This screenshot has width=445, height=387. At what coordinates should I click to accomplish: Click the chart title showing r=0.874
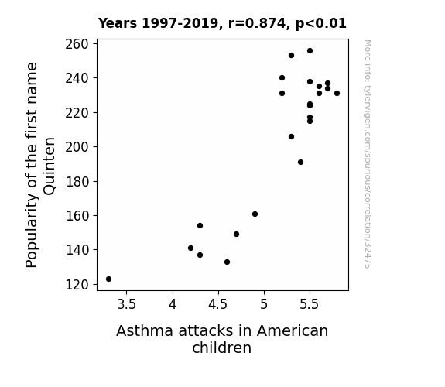[222, 23]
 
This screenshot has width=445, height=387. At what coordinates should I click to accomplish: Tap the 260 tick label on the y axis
[77, 44]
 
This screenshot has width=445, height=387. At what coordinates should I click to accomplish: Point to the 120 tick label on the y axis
[77, 285]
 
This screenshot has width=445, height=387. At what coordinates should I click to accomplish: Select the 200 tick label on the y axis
[77, 147]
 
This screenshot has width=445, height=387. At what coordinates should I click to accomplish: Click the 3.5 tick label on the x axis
[127, 304]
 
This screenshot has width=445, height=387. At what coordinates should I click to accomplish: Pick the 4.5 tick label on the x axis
[218, 304]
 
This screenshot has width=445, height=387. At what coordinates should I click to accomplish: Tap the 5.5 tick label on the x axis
[310, 304]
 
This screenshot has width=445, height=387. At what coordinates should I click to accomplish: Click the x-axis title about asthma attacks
[222, 339]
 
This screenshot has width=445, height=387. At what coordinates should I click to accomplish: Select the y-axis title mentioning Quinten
[40, 165]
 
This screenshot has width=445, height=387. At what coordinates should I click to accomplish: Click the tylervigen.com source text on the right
[368, 154]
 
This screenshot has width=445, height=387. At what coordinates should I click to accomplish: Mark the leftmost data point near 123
[108, 279]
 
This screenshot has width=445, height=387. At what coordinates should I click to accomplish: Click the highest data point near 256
[310, 51]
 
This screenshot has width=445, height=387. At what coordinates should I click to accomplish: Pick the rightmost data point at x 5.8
[337, 94]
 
